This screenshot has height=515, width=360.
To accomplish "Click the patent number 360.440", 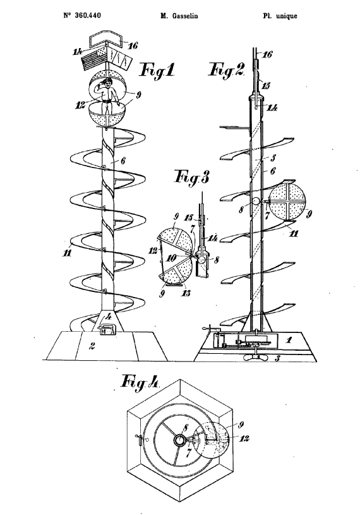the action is pyautogui.click(x=88, y=15).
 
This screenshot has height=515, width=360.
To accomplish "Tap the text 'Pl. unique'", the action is pyautogui.click(x=280, y=16).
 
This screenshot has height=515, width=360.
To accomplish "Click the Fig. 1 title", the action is pyautogui.click(x=157, y=70).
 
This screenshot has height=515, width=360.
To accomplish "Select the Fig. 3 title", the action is pyautogui.click(x=192, y=178).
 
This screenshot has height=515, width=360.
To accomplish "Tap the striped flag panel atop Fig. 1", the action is pyautogui.click(x=94, y=59).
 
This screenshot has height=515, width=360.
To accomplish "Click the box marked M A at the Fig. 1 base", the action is pyautogui.click(x=107, y=329).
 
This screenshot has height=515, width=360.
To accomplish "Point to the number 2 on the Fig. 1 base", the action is pyautogui.click(x=93, y=346).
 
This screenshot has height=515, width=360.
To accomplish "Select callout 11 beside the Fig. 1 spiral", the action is pyautogui.click(x=67, y=253).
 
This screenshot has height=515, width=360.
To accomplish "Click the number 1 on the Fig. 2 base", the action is pyautogui.click(x=289, y=339).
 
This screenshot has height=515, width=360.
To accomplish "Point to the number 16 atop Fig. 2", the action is pyautogui.click(x=267, y=54).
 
